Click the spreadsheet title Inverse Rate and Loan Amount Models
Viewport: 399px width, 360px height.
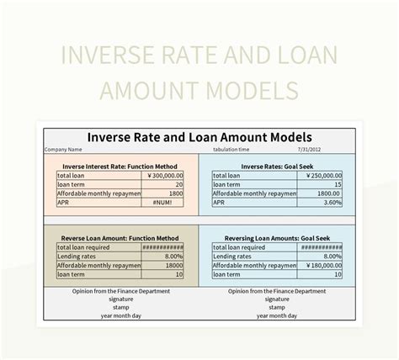[x=199, y=136]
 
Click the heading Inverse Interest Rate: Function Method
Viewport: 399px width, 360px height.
[x=119, y=167]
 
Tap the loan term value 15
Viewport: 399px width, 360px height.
[x=337, y=184]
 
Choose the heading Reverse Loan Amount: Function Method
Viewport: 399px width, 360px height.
[x=119, y=238]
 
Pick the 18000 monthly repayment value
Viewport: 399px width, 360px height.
[x=173, y=265]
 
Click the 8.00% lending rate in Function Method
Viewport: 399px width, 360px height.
[x=172, y=256]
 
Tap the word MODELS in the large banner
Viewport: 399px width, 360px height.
[x=248, y=89]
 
